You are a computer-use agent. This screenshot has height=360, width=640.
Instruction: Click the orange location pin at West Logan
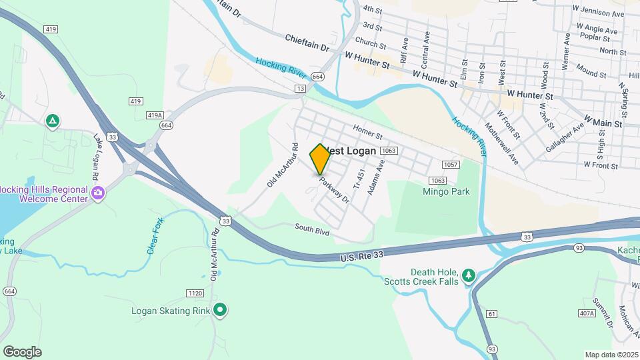320,159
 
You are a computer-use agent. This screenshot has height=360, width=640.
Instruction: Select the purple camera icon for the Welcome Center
98,193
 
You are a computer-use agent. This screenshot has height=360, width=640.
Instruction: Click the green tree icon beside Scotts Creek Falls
469,275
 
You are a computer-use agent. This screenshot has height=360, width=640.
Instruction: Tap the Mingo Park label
446,192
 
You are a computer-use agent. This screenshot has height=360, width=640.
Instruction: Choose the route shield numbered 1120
195,293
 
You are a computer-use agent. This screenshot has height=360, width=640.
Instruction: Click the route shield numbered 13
301,88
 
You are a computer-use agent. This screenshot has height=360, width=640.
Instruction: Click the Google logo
22,352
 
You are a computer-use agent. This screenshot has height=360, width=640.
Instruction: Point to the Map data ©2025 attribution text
611,355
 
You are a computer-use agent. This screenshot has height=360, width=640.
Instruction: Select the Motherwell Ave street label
501,143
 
